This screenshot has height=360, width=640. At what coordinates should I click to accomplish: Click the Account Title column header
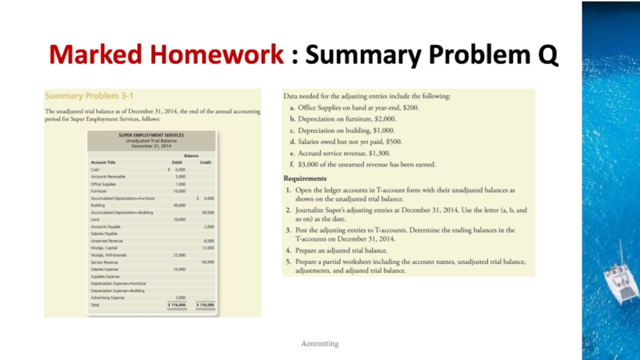(105, 162)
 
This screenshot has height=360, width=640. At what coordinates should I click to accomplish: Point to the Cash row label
(95, 170)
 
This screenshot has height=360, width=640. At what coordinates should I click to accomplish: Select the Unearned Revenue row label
(106, 240)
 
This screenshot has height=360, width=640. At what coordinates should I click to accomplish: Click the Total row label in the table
(96, 305)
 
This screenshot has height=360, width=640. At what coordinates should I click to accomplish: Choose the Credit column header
(206, 162)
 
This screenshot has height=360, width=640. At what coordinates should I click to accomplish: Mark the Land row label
(95, 219)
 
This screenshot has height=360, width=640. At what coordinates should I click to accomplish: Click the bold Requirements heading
(306, 178)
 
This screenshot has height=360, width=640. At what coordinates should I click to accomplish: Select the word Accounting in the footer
(319, 343)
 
